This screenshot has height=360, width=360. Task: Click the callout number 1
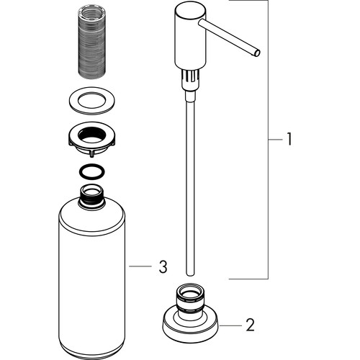(x=289, y=139)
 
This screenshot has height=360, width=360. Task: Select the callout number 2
(x=250, y=325)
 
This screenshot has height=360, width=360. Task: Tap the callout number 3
(x=163, y=266)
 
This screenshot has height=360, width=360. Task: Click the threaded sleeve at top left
(x=92, y=43)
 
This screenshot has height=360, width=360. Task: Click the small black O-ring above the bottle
(x=92, y=172)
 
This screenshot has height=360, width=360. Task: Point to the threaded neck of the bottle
(x=92, y=197)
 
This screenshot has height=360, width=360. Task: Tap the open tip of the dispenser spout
(x=257, y=53)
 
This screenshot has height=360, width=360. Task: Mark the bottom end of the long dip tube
(x=190, y=274)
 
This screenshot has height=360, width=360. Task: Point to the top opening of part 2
(x=190, y=290)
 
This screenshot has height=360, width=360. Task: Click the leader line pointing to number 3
(x=140, y=266)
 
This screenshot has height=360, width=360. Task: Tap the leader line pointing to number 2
(x=230, y=325)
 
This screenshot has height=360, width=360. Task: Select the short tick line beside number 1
(x=275, y=139)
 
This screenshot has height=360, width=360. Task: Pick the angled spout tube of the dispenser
(x=229, y=37)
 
